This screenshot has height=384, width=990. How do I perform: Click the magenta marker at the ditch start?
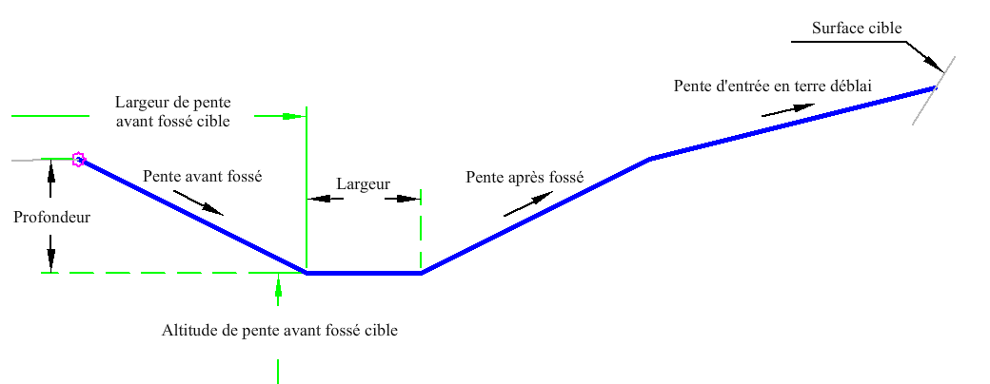78,159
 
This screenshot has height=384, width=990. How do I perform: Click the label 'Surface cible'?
857,28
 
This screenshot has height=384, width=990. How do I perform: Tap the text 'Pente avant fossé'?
202,177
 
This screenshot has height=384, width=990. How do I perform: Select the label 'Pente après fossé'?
525,177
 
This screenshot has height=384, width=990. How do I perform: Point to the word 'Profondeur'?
51,218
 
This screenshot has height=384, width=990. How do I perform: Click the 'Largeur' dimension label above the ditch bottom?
363,184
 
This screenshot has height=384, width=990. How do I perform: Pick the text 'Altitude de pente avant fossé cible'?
280,330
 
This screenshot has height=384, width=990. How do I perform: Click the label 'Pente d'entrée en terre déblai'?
773,86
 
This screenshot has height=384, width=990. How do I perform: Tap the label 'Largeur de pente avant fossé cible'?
172,111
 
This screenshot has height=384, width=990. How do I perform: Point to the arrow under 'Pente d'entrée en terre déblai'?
787,109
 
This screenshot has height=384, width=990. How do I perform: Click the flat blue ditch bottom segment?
365,273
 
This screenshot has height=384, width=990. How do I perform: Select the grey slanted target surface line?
933,91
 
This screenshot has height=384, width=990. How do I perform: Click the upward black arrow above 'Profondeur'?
50,179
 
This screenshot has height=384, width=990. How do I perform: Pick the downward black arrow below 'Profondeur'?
50,253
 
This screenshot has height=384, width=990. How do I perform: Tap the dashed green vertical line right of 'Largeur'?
421,231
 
